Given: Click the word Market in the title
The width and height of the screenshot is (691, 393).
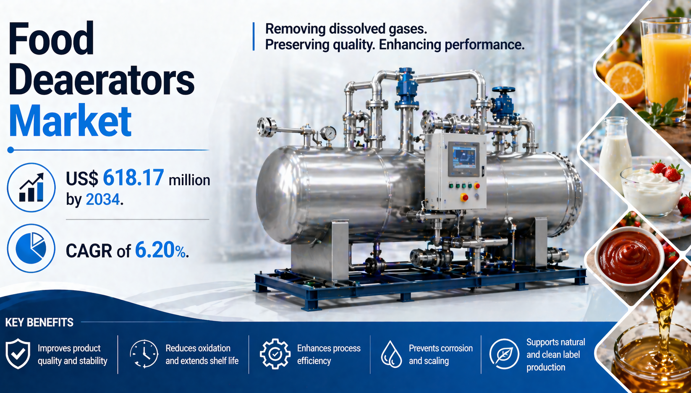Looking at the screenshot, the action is (x=71, y=121).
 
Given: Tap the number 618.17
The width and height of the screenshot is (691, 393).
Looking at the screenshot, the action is (x=133, y=178).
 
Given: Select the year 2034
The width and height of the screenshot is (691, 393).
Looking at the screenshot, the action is (x=103, y=199).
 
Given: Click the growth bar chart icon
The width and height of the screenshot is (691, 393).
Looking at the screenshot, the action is (x=31, y=187).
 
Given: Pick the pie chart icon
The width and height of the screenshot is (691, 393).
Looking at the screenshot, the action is (x=31, y=248).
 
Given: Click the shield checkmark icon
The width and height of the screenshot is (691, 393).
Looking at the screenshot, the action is (x=18, y=354).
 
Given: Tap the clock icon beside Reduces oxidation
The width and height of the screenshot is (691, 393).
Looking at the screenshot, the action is (x=144, y=354).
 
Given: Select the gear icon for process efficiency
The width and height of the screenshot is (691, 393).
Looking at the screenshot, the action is (x=275, y=354).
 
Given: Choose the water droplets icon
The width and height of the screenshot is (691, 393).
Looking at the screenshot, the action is (x=391, y=354).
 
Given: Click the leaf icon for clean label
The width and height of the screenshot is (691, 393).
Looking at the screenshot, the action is (x=504, y=354).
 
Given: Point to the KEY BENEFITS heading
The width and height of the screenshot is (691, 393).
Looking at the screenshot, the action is (x=39, y=322).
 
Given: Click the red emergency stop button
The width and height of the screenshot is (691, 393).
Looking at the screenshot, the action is (x=464, y=197).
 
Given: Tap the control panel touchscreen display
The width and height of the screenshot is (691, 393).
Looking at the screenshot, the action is (x=463, y=158).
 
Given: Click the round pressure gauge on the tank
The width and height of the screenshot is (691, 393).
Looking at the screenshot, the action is (x=328, y=134).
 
